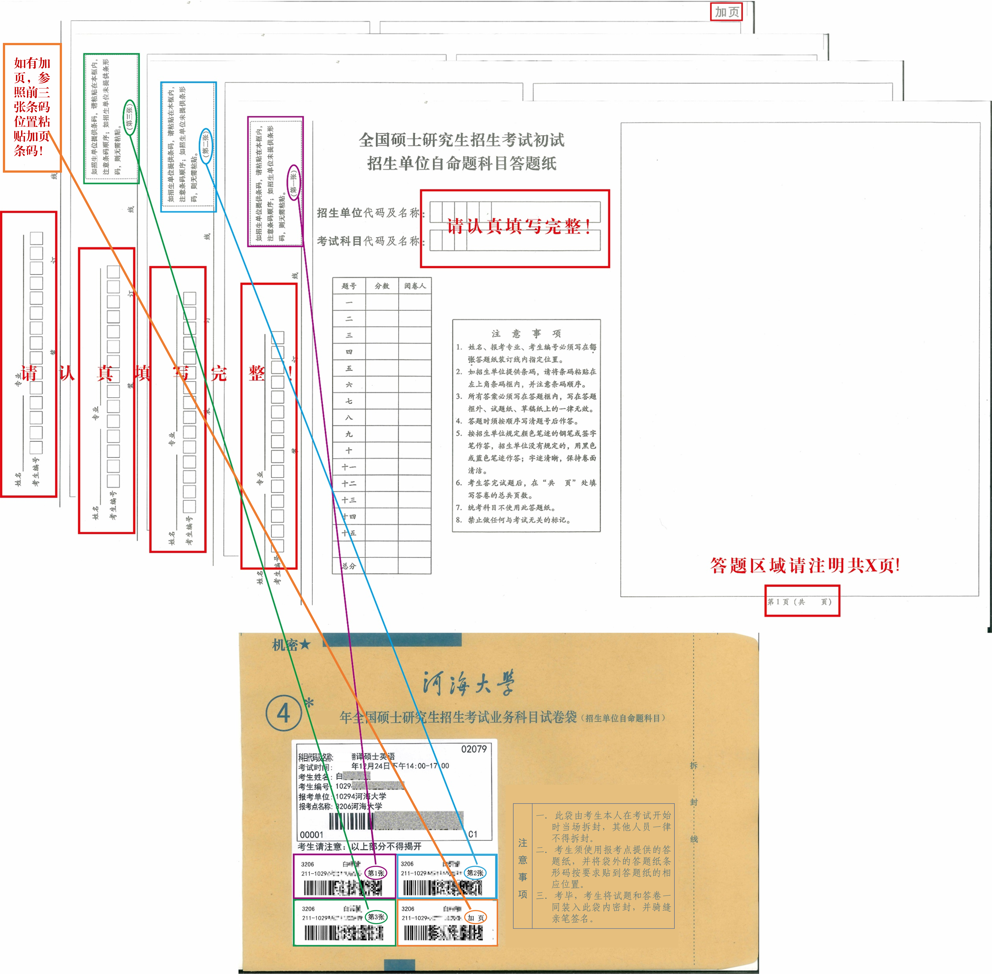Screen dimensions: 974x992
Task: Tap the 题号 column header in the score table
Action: click(x=349, y=286)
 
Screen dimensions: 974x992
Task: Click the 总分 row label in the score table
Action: click(x=349, y=566)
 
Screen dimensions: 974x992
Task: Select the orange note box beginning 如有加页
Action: click(x=32, y=107)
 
